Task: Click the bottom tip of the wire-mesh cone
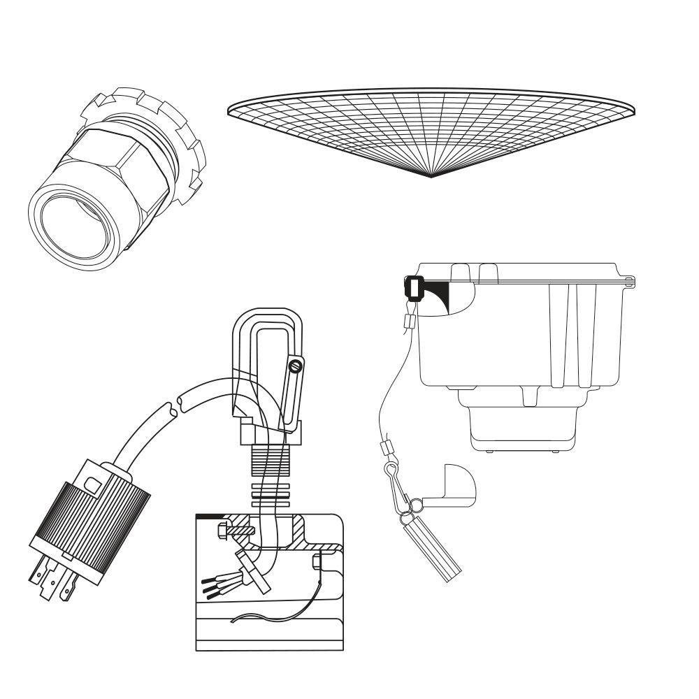click(431, 176)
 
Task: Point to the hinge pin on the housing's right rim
click(631, 282)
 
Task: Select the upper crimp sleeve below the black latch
click(410, 322)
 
